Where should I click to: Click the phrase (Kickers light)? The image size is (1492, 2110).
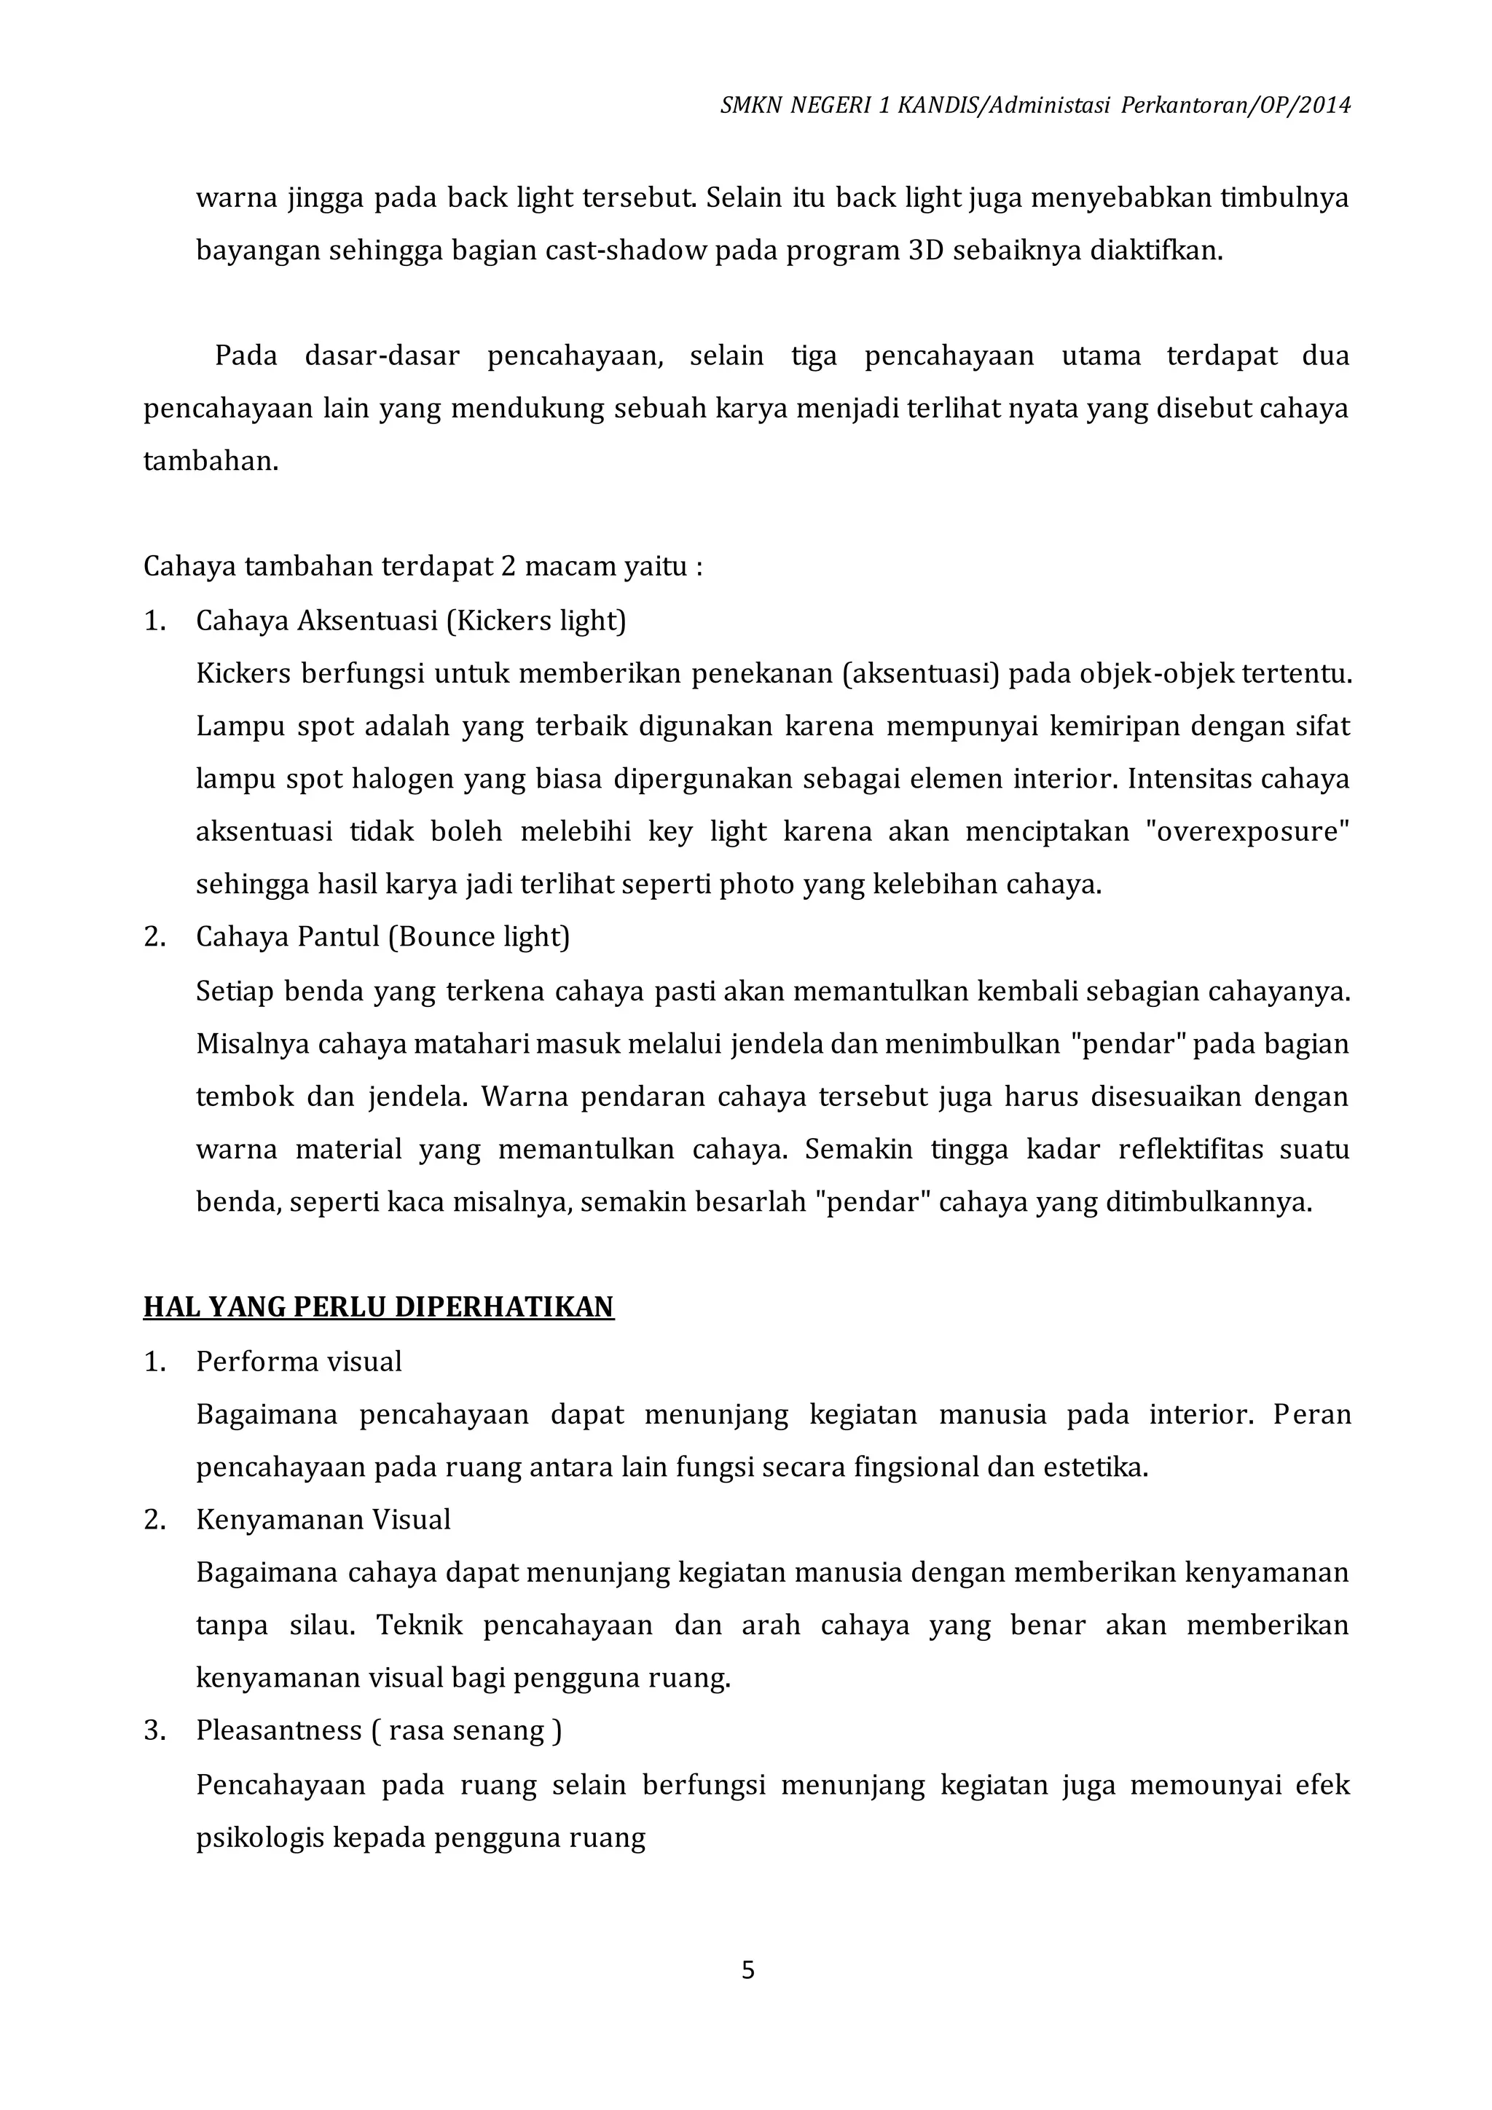click(535, 621)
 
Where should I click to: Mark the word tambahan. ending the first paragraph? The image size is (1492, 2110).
click(211, 461)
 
